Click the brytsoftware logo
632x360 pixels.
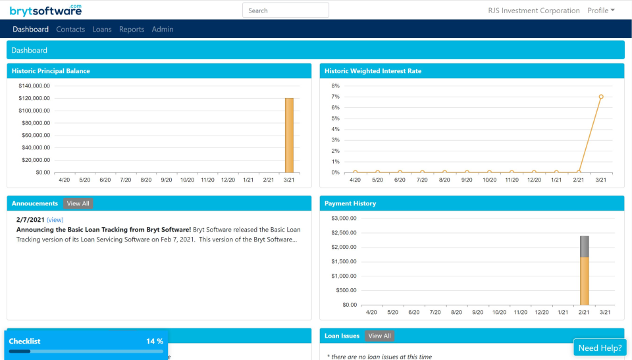[46, 11]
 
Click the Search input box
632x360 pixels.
[285, 11]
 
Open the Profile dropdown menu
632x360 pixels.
[600, 11]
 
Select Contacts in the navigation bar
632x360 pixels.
[70, 29]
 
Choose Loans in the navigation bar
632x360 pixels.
[102, 29]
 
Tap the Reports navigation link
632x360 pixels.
[132, 29]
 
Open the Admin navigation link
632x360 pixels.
[163, 29]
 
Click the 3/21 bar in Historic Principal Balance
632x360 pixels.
[289, 135]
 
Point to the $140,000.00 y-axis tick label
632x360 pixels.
[34, 86]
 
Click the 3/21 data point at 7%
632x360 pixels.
[601, 97]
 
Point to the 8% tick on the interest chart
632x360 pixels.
[335, 86]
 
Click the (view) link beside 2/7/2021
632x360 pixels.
[55, 220]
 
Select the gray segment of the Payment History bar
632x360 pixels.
[584, 246]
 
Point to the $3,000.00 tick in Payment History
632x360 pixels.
[343, 219]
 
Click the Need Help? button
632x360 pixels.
[600, 348]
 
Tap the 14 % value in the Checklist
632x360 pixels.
[155, 341]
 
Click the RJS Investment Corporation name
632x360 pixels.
[534, 11]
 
